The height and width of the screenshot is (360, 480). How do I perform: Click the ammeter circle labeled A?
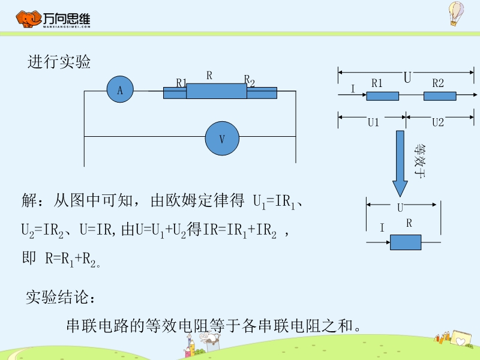[120, 90]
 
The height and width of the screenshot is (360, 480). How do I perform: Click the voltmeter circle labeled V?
[222, 139]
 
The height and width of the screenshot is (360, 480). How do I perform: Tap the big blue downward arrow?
[400, 162]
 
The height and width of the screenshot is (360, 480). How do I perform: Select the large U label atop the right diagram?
[407, 78]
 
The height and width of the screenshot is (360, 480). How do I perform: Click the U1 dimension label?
[373, 122]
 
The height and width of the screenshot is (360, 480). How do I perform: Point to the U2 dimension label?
[438, 122]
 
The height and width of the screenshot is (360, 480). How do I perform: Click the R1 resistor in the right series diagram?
[383, 95]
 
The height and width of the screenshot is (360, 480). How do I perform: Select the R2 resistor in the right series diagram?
[440, 95]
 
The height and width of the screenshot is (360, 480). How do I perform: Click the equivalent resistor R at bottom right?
[406, 242]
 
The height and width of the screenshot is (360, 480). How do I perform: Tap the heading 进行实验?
[59, 62]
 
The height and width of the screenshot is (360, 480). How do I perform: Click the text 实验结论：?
[60, 296]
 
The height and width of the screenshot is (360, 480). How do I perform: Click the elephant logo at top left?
[28, 19]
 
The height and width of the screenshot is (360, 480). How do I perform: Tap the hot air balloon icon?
[457, 13]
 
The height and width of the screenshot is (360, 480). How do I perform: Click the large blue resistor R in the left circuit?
[217, 91]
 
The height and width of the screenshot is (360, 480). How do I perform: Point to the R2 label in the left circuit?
[249, 80]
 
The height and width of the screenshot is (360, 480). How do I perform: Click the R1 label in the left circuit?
[182, 83]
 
